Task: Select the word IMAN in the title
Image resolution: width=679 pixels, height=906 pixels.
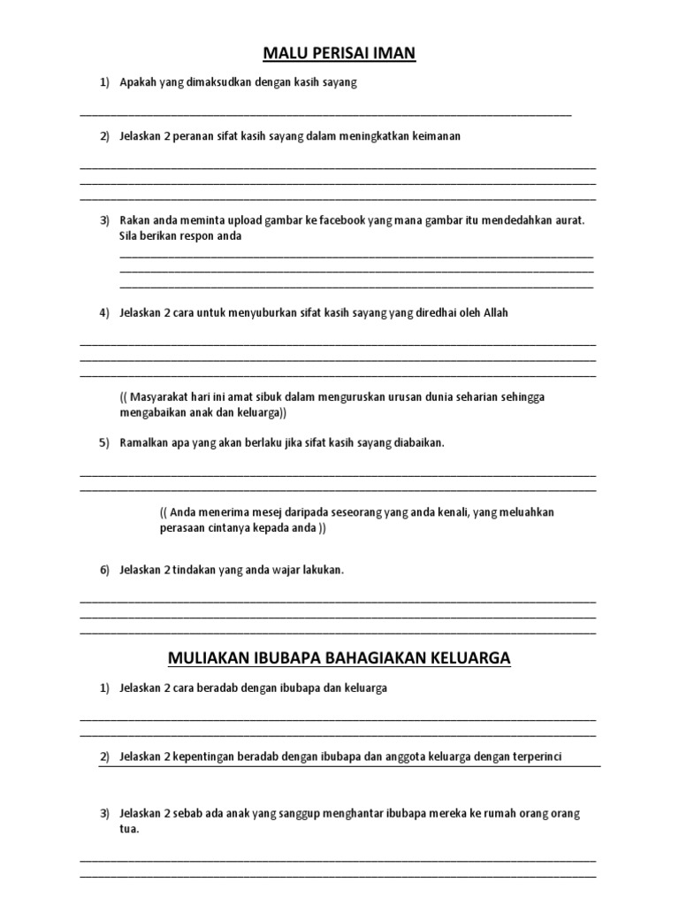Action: [393, 55]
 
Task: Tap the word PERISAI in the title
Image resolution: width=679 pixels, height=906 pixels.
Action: [339, 55]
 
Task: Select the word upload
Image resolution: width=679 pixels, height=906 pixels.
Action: [242, 219]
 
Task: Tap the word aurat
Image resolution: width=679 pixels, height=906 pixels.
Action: [568, 219]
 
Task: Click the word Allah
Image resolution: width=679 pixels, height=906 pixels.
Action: [496, 312]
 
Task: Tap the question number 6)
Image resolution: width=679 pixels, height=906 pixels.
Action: [104, 570]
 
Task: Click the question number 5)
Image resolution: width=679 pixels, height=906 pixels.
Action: [104, 442]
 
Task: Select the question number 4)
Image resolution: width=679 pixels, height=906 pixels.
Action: [104, 312]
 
